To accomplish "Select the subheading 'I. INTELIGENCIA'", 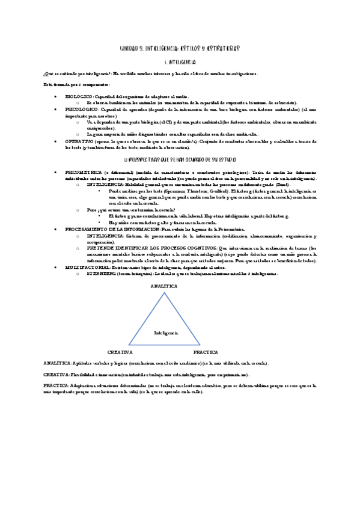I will point(180,62).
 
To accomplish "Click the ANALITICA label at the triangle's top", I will point(163,286).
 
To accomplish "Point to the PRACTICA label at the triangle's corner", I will point(206,351).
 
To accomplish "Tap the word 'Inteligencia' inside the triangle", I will point(166,332).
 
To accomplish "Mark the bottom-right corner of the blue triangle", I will point(206,345).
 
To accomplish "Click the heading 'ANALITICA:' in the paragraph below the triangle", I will point(56,363).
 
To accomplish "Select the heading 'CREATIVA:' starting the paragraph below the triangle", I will point(56,374).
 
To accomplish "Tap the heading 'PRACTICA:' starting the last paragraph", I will point(55,386).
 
